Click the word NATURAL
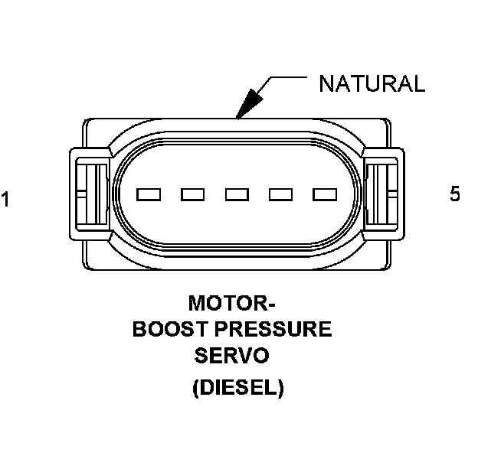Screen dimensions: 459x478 (371, 83)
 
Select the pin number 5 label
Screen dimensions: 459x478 (455, 194)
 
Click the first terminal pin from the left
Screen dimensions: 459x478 (148, 194)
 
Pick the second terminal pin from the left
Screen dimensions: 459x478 (192, 194)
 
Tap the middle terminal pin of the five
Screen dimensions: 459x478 (236, 194)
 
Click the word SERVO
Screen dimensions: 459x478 (231, 356)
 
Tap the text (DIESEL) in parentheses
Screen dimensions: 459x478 (238, 388)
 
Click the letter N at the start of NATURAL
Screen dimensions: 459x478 (326, 83)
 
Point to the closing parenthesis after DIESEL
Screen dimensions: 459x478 (280, 388)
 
